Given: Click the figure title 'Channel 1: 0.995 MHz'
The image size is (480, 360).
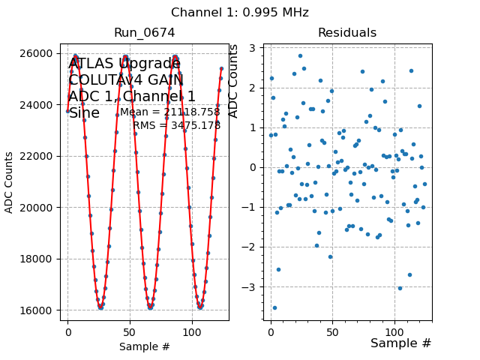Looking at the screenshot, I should (x=239, y=13).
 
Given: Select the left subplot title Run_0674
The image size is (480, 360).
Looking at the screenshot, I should (x=144, y=33).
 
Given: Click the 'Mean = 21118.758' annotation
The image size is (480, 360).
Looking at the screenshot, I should (x=170, y=112).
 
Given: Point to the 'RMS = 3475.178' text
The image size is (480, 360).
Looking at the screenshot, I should (x=177, y=125).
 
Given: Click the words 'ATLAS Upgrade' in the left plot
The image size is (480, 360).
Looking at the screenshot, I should (x=124, y=64).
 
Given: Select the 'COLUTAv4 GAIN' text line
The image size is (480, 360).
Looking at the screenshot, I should (x=126, y=80).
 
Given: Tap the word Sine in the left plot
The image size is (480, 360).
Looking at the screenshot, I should (x=84, y=113).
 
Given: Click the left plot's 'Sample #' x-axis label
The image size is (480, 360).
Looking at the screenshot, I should (x=144, y=346).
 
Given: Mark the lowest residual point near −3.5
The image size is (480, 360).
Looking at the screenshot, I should (x=274, y=307).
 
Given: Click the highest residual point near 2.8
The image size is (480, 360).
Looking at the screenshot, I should (x=300, y=55).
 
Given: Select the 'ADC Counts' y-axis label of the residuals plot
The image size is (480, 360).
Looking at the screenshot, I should (x=233, y=81).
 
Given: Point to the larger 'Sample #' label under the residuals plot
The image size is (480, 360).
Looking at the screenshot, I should (x=400, y=343).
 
